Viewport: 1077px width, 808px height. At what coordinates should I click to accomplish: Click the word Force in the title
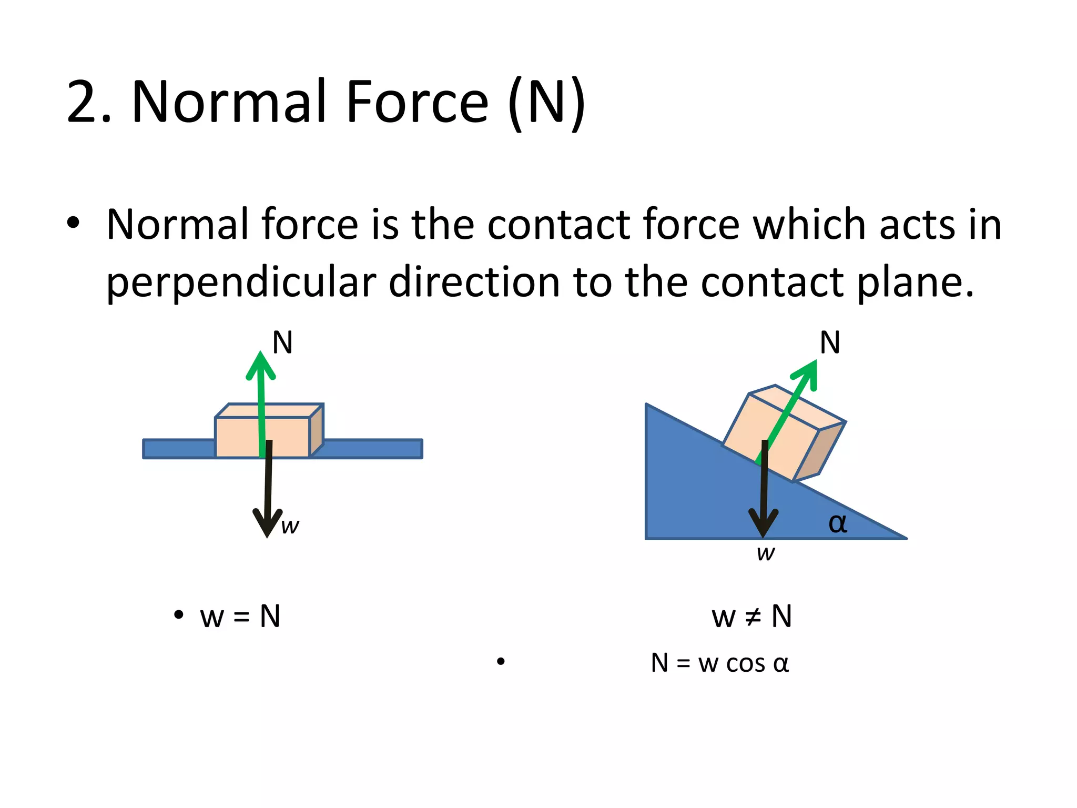pyautogui.click(x=417, y=102)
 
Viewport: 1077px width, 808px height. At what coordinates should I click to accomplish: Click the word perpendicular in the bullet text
pyautogui.click(x=241, y=283)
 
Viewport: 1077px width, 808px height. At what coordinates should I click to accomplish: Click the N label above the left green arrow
pyautogui.click(x=282, y=343)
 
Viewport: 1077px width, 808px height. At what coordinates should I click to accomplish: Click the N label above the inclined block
pyautogui.click(x=830, y=343)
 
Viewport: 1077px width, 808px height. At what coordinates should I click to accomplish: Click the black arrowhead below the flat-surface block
pyautogui.click(x=268, y=522)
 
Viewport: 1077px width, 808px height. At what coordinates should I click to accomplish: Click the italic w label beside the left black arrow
pyautogui.click(x=290, y=526)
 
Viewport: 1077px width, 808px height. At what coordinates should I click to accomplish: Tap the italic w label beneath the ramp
pyautogui.click(x=766, y=553)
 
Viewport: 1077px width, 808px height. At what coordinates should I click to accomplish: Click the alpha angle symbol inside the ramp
pyautogui.click(x=838, y=523)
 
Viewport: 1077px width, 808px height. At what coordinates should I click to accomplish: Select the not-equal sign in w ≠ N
pyautogui.click(x=753, y=617)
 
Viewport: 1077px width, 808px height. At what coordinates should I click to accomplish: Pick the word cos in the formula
pyautogui.click(x=745, y=664)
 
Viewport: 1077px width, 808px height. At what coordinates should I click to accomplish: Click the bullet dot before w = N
pyautogui.click(x=179, y=614)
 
